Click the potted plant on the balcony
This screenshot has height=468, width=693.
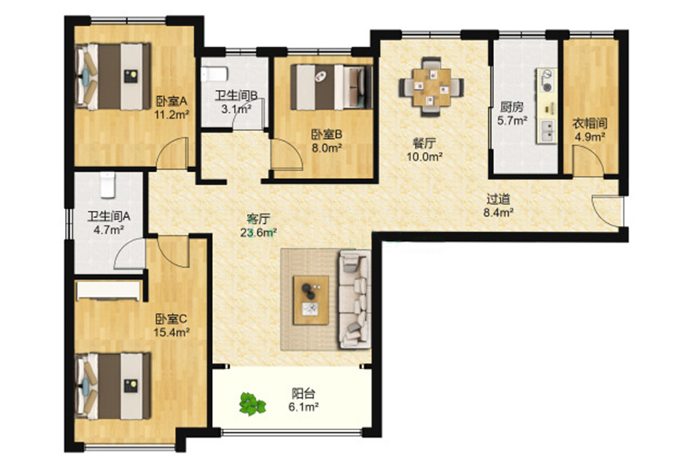point(252,404)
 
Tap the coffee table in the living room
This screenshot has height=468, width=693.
point(311,300)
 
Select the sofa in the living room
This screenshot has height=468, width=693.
point(355,299)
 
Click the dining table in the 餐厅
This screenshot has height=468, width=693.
point(431,87)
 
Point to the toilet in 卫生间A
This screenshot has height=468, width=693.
point(108,184)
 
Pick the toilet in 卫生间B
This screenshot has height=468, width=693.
point(214,74)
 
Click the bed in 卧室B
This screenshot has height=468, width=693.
point(331,87)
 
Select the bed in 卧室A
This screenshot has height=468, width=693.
point(113,76)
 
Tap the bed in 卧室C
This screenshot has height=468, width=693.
point(113,386)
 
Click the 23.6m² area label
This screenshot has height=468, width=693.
point(259,232)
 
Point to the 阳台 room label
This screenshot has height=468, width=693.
point(304,394)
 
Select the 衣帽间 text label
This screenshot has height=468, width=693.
point(589,123)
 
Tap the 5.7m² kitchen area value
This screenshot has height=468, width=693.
point(513,120)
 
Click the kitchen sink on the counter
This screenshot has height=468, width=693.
point(547,131)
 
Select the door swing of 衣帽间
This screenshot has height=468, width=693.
point(588,161)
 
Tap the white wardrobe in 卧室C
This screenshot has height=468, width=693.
point(108,291)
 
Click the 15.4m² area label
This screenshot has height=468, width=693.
point(171,332)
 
